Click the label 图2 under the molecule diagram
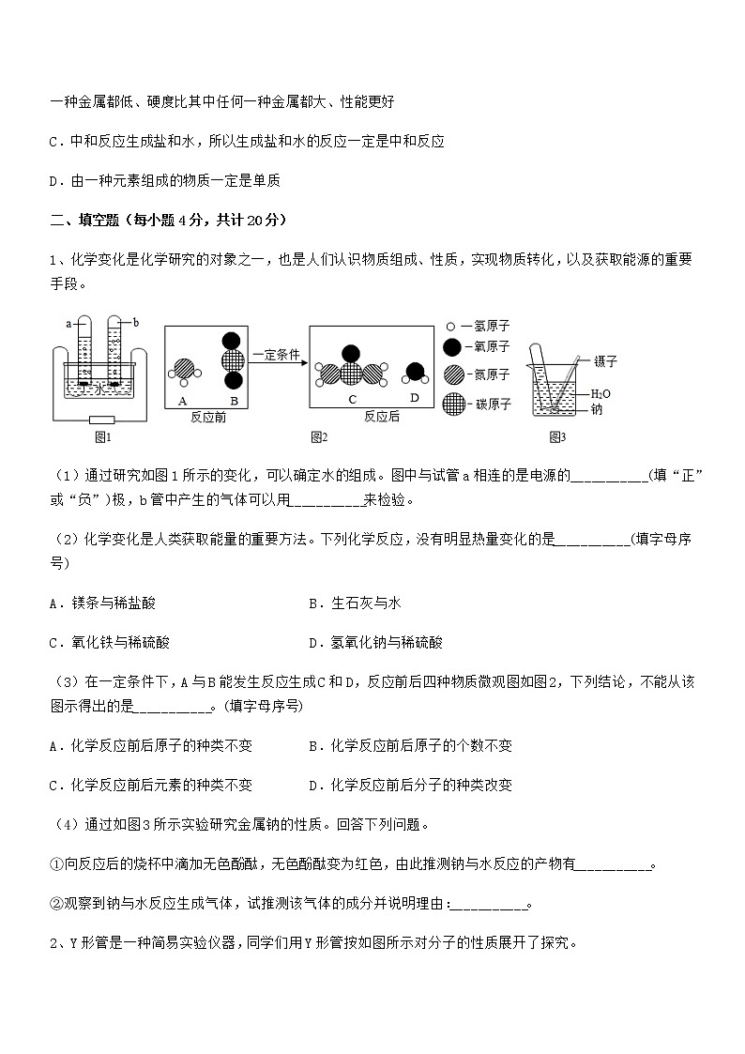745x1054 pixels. pyautogui.click(x=319, y=435)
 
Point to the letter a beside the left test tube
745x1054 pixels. pyautogui.click(x=68, y=324)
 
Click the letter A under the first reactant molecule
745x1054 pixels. pyautogui.click(x=182, y=400)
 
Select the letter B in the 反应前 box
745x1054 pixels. pyautogui.click(x=232, y=400)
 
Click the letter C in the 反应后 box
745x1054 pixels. pyautogui.click(x=352, y=399)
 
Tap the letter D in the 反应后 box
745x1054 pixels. pyautogui.click(x=416, y=399)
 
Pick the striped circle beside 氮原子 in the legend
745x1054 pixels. pyautogui.click(x=453, y=374)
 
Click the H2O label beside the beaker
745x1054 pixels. pyautogui.click(x=601, y=394)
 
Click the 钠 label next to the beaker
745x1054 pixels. pyautogui.click(x=596, y=409)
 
